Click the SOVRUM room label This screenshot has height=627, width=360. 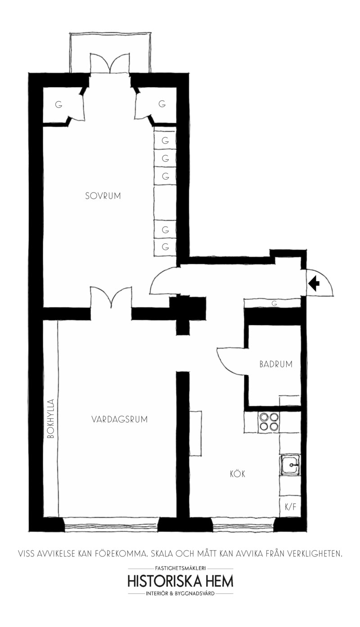pos(103,196)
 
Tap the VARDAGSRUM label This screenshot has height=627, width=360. pos(120,419)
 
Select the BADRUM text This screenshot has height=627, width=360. pos(276,364)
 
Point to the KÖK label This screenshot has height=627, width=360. pos(238,474)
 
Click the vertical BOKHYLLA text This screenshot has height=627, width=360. pos(51,419)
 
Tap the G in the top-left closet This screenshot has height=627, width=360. pos(58,105)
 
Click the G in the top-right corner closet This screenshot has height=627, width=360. pos(162,104)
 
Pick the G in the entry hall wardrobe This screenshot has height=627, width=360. pos(274,304)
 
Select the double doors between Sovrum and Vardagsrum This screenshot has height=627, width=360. pos(111,297)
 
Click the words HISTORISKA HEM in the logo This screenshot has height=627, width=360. pos(180,582)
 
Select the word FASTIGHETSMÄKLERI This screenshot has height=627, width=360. pos(180,568)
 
